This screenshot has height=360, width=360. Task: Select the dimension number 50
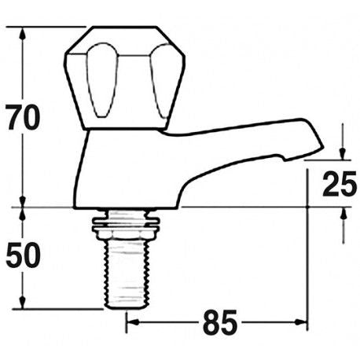pyautogui.click(x=22, y=255)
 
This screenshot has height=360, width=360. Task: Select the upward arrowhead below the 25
pyautogui.click(x=343, y=214)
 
